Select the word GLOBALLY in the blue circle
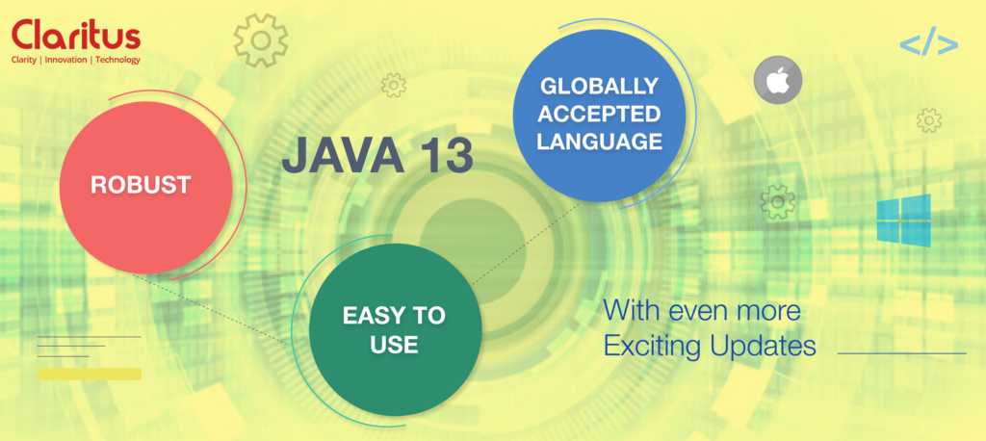pyautogui.click(x=599, y=87)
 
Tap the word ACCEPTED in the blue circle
pyautogui.click(x=599, y=115)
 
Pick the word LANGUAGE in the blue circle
pyautogui.click(x=599, y=143)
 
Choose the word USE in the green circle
pyautogui.click(x=394, y=345)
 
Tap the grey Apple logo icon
pyautogui.click(x=777, y=80)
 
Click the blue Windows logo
pyautogui.click(x=903, y=220)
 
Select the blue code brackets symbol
pyautogui.click(x=928, y=44)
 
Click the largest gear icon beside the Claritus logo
pyautogui.click(x=261, y=40)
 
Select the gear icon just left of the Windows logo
pyautogui.click(x=777, y=201)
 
